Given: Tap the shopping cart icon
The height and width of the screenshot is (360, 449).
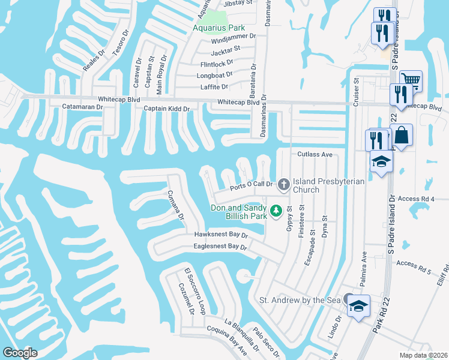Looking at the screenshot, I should pos(411,80).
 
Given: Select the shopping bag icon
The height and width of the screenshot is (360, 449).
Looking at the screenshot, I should pos(403,134).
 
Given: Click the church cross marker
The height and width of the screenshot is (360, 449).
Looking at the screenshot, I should pos(283,183).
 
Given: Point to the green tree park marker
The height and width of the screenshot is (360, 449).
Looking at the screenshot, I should pos(276,211).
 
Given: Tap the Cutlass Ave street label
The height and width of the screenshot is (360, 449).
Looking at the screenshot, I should pos(315,154).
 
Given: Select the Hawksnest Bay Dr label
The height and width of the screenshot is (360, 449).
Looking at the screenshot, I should pos(221,235).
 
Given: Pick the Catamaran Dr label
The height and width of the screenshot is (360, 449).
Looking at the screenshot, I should pos(83,107).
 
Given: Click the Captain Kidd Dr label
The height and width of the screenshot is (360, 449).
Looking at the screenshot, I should pos(166,109).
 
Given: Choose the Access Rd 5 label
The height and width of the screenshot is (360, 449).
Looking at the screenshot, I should pos(414,264).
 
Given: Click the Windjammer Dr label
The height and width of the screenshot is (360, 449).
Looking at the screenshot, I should pos(234,37).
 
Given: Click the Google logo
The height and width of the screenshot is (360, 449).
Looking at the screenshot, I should pos(20,352).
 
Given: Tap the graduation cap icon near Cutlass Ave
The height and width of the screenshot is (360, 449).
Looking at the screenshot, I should pos(381,162).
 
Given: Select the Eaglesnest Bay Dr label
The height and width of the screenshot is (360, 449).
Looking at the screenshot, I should pos(220,247).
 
